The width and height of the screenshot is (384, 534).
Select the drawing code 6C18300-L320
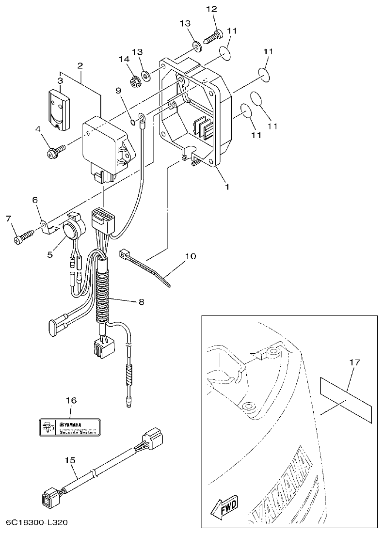(x=37, y=523)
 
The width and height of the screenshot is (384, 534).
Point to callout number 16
(x=71, y=400)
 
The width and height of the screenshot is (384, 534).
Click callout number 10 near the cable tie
(x=190, y=256)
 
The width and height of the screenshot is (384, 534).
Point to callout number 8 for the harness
(x=141, y=302)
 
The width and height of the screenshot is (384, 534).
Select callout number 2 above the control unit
(x=80, y=65)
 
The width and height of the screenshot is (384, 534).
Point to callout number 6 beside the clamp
(x=35, y=200)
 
